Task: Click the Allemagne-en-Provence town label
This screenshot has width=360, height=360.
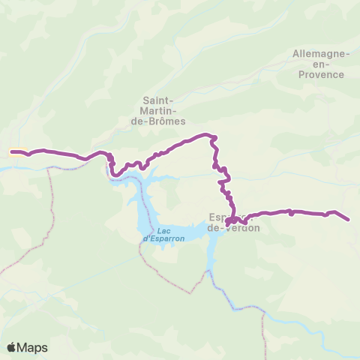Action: point(320,64)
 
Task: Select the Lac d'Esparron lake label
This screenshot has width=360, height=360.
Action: point(162,234)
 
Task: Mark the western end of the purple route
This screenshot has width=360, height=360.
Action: point(11,151)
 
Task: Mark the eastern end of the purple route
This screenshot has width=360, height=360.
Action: point(349,220)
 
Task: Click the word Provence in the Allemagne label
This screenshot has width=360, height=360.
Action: point(320,74)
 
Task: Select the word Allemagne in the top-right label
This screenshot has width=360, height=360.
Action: point(320,54)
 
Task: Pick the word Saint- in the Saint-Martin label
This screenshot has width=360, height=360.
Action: point(158,100)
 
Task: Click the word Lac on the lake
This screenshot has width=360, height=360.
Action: point(164,230)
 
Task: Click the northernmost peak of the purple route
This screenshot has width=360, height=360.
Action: point(204,135)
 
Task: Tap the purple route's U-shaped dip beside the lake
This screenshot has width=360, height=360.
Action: point(115,173)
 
